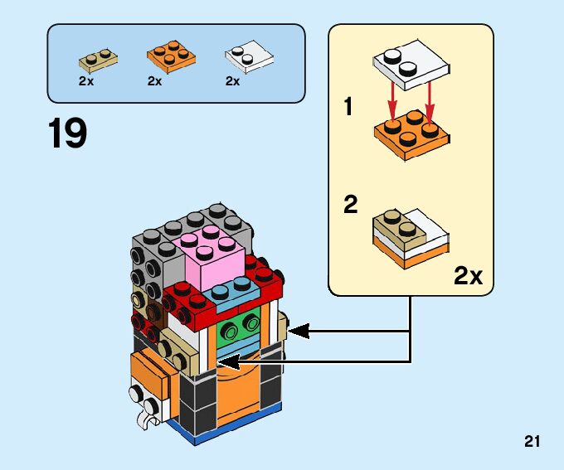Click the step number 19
click(67, 134)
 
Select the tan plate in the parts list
click(98, 59)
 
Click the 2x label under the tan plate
click(86, 81)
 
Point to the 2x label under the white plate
click(232, 81)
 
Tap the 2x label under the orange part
click(155, 81)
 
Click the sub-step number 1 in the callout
click(349, 107)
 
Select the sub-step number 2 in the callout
click(351, 205)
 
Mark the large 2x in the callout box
click(468, 275)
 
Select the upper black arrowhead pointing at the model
click(299, 332)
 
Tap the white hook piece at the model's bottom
click(147, 420)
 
